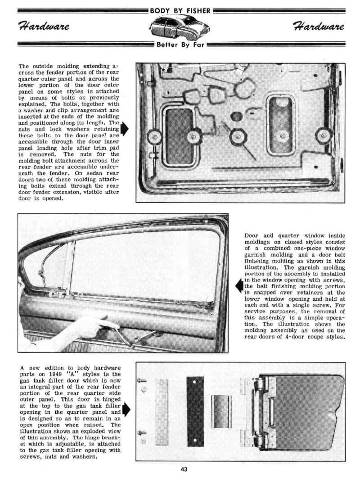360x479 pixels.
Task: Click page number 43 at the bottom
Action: tap(184, 470)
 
